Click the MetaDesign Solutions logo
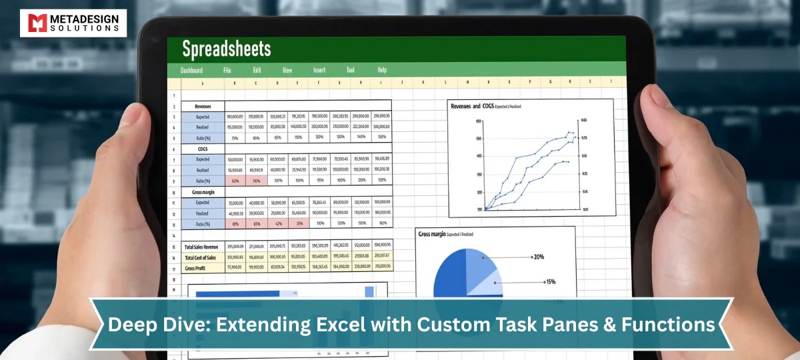[x=73, y=23]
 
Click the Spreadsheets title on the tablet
[x=227, y=49]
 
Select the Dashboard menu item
[x=191, y=70]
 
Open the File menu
[x=227, y=70]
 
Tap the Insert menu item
[x=319, y=70]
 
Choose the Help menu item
[x=382, y=70]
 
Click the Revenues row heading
[x=203, y=106]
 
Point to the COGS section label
[x=203, y=149]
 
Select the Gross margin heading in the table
[x=203, y=191]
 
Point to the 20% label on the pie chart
[x=539, y=256]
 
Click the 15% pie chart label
[x=550, y=281]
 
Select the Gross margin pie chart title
[x=433, y=235]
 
